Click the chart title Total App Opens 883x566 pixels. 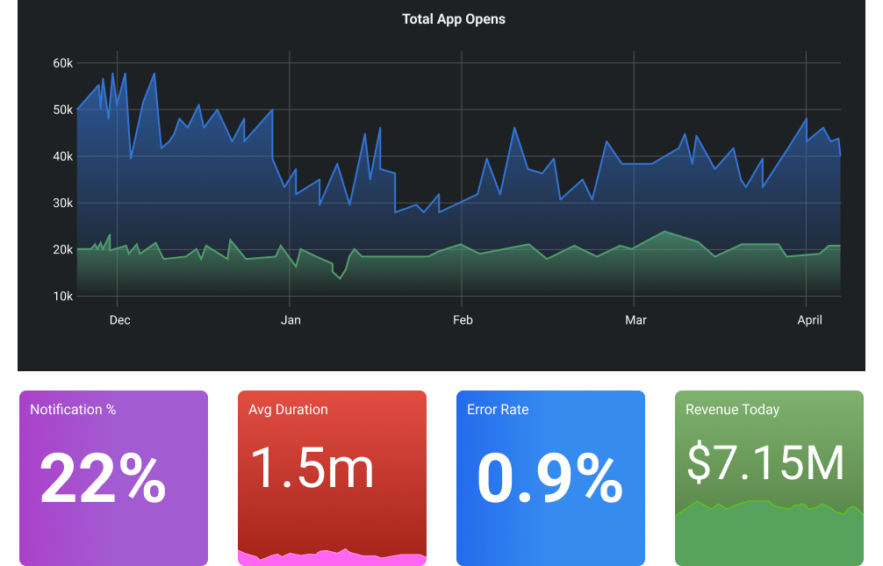click(454, 18)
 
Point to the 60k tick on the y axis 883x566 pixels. click(62, 63)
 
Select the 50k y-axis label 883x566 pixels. click(62, 110)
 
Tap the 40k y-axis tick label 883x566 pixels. click(62, 156)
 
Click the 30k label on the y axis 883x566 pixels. click(62, 203)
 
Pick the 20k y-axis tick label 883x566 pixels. click(62, 249)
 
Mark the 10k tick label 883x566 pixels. click(62, 296)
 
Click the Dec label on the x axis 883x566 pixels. click(120, 319)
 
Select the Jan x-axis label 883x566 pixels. click(291, 319)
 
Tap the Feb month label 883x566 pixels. click(463, 319)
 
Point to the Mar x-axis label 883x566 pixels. click(635, 319)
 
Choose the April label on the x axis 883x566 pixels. click(809, 319)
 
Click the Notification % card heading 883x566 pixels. click(73, 409)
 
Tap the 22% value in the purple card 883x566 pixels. click(103, 478)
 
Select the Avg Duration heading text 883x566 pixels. click(288, 409)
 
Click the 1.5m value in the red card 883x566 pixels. click(312, 468)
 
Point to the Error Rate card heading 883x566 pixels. click(498, 409)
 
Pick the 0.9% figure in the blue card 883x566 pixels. click(549, 478)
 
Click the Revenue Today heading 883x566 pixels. click(732, 409)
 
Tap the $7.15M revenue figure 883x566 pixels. click(765, 462)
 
